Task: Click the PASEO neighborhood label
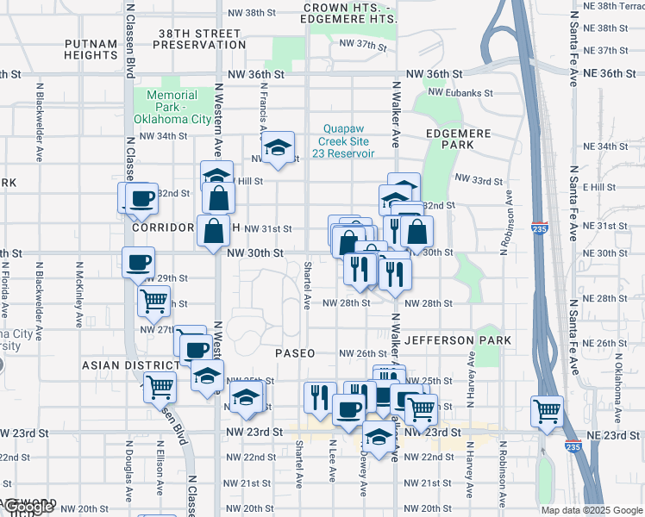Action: (295, 353)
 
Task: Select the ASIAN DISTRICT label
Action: (123, 365)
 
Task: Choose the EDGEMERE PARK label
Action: (458, 140)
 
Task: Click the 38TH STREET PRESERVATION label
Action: (202, 38)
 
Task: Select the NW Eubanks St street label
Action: (460, 93)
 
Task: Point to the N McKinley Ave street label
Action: (79, 292)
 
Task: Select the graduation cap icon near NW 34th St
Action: (279, 147)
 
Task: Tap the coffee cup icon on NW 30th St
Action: (138, 262)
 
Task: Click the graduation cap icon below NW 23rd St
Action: (378, 437)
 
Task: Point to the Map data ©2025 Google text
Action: (591, 510)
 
